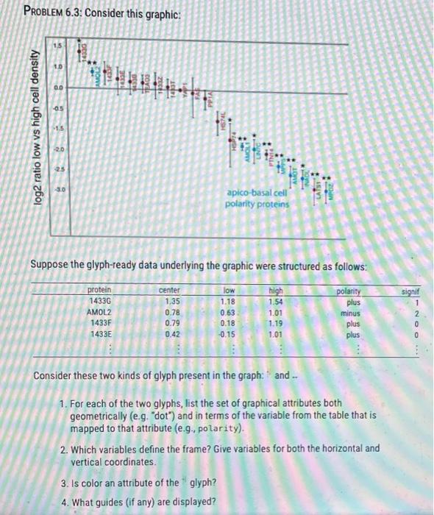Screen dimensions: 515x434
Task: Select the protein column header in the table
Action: [x=100, y=291]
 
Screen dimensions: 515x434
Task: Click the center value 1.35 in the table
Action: [x=171, y=301]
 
